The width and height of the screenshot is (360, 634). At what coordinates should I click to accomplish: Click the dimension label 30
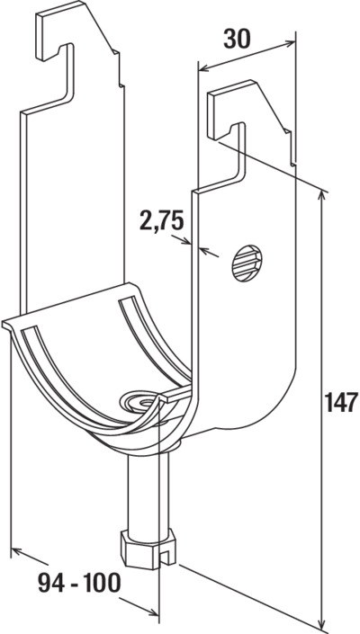coord(237,40)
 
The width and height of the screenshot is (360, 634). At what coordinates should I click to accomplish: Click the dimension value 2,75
coord(162,221)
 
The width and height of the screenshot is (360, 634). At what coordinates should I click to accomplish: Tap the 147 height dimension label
coord(341,402)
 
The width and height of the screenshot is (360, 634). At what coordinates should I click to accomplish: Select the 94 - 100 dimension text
coord(80,583)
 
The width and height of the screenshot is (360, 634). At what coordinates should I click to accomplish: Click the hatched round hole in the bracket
coord(247,263)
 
